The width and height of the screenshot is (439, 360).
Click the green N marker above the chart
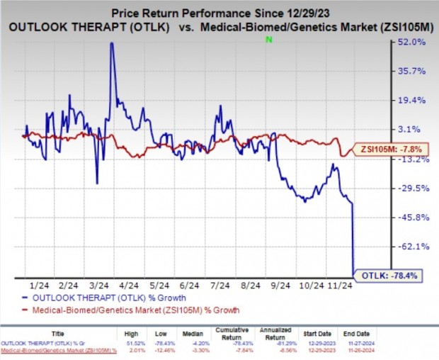tap(268, 40)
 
